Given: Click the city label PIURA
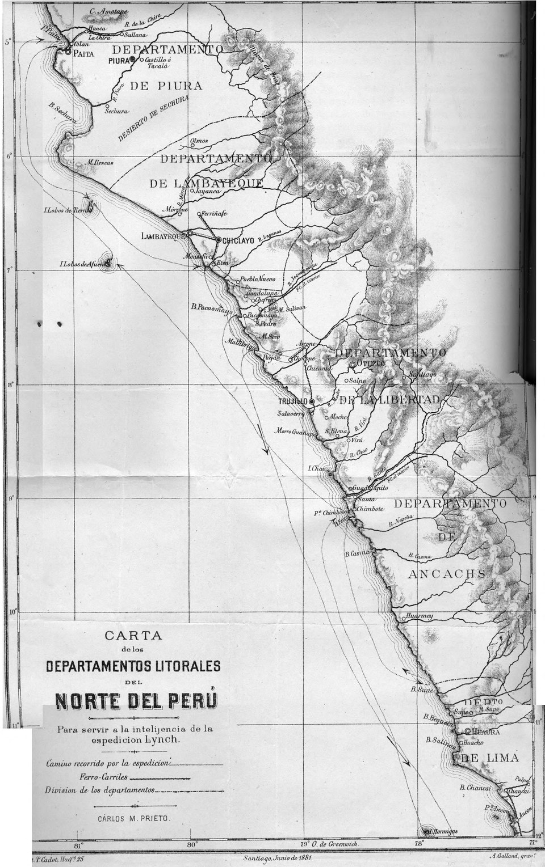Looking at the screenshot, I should click(119, 59).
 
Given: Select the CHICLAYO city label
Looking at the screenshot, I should click(238, 240).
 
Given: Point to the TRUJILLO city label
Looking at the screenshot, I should click(293, 401).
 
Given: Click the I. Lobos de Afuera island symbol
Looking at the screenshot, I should click(107, 263).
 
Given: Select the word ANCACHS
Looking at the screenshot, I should click(447, 574).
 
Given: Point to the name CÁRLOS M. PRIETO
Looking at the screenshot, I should click(133, 819).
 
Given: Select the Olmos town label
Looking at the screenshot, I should click(199, 141).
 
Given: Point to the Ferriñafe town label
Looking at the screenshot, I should click(212, 214).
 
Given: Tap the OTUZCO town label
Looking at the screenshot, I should click(371, 363).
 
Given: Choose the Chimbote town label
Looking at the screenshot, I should click(370, 509).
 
